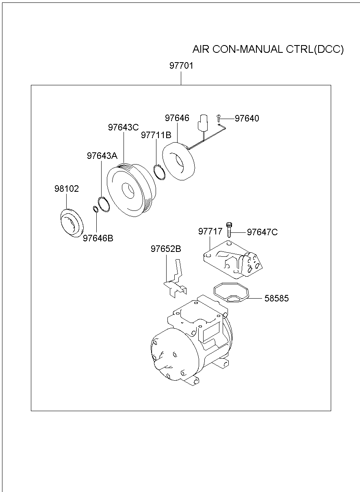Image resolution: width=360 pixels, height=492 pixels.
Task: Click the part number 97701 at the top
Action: tap(181, 66)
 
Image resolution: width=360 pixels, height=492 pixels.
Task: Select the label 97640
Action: tap(247, 118)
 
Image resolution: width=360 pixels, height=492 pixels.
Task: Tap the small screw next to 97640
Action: tap(218, 118)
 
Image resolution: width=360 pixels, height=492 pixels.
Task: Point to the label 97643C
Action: tap(123, 128)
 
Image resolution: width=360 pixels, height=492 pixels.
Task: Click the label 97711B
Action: tap(156, 135)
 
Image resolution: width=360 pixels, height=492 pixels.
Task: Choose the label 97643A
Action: tap(102, 156)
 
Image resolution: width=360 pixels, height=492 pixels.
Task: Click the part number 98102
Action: tap(67, 189)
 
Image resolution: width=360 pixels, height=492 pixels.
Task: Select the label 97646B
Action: tap(98, 238)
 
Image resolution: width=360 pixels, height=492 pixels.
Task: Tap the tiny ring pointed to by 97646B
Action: tap(96, 209)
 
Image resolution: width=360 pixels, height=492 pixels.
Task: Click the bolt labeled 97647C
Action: tap(229, 230)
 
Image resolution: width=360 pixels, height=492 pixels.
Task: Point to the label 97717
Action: tap(210, 231)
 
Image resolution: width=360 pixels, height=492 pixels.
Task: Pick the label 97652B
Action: tap(166, 249)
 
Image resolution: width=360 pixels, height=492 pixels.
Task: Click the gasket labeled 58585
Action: tap(231, 293)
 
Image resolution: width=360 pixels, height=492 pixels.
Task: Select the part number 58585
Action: tap(277, 298)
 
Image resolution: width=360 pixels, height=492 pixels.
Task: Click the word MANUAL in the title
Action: tap(261, 49)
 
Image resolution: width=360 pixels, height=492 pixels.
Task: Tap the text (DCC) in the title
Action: tap(328, 49)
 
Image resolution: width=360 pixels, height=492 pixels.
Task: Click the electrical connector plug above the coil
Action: tap(203, 123)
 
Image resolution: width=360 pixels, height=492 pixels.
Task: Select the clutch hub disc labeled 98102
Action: tap(72, 223)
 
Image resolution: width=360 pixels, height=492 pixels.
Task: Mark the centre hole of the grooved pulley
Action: tap(128, 191)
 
